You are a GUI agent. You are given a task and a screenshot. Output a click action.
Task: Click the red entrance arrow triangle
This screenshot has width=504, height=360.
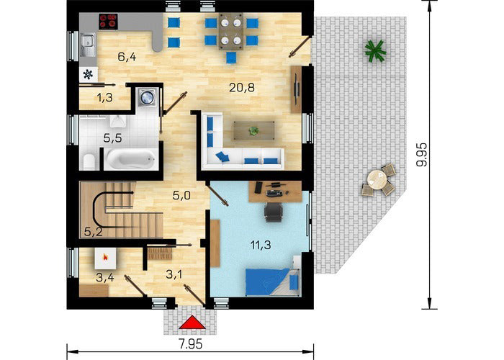pos(192,323)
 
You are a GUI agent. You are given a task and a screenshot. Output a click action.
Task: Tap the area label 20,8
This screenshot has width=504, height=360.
pos(242,87)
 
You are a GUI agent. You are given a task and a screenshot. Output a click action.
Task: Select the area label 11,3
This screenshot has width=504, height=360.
pos(261,246)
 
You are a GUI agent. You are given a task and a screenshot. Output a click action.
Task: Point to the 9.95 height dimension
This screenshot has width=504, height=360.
pos(421,155)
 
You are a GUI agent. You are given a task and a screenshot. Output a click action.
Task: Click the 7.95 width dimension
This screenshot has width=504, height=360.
pos(191,344)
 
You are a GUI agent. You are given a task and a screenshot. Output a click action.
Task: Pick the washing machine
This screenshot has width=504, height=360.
pos(147,96)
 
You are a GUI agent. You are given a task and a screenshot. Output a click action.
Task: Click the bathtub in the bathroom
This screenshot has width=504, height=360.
pos(132,159)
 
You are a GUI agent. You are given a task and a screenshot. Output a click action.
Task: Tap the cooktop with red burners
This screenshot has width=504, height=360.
pos(108,21)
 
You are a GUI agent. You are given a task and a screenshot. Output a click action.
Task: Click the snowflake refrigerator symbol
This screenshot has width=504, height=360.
pos(88,74)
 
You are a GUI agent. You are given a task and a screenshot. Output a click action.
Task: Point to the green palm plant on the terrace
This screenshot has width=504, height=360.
pos(375,51)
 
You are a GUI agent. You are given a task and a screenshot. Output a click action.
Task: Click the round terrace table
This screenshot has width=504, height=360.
pos(377,179)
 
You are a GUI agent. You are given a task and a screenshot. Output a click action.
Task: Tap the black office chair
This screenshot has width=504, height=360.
pos(273,212)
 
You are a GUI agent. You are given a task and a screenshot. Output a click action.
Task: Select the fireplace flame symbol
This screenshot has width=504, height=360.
pos(105,257)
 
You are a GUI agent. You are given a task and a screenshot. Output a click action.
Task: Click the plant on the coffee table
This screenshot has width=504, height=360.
pos(253,130)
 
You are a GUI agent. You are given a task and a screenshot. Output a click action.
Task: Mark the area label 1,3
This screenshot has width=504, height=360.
pos(105,97)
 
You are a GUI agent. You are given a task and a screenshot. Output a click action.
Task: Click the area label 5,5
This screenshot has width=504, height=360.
pos(112,138)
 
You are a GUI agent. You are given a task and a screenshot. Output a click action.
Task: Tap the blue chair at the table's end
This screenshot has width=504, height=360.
pos(231,57)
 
